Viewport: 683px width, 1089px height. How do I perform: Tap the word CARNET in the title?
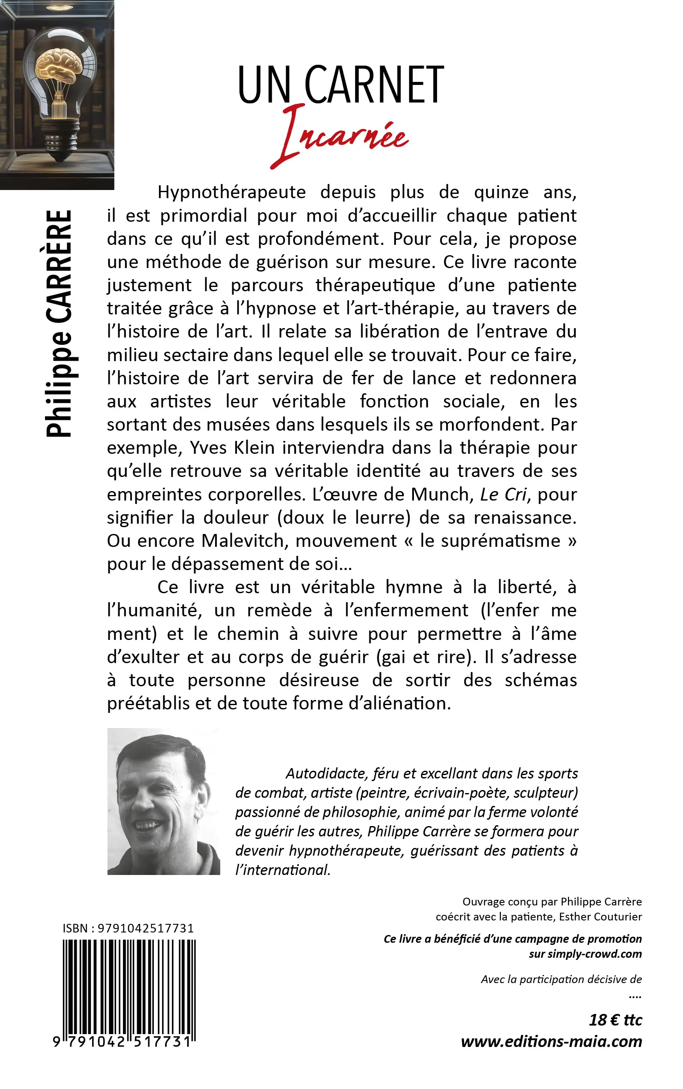(374, 85)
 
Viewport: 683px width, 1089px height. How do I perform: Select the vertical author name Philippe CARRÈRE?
(59, 323)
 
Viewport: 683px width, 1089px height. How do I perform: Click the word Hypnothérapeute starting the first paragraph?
(231, 193)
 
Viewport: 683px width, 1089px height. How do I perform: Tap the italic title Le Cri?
(503, 495)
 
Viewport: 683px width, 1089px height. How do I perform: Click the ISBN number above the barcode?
(145, 929)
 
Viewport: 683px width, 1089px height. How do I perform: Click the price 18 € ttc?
(615, 1020)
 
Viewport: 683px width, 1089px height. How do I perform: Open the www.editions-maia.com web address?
(551, 1041)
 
